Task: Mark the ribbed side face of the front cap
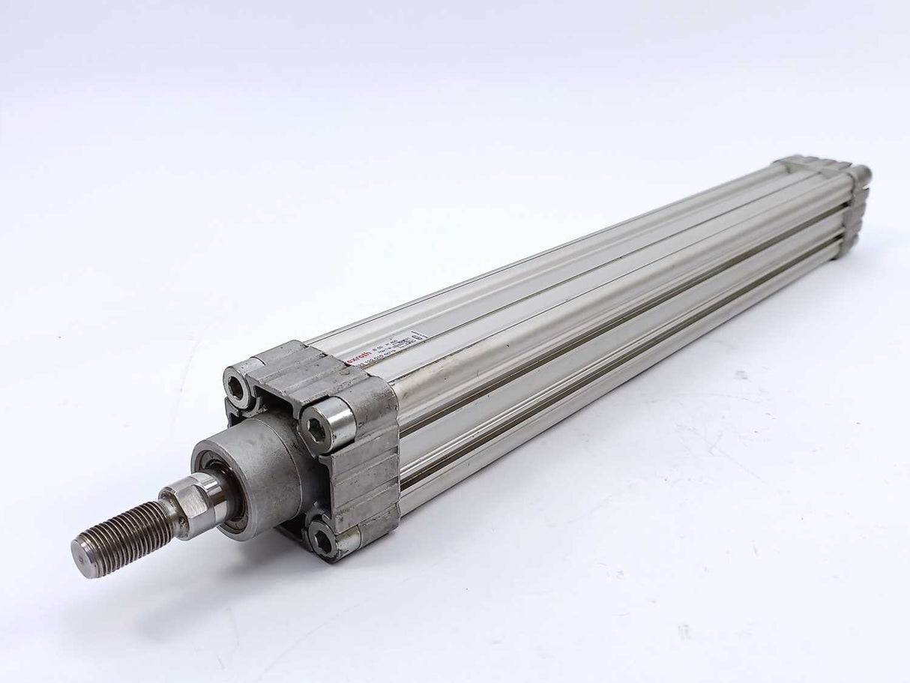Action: tap(367, 465)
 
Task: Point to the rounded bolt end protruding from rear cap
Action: tap(866, 176)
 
